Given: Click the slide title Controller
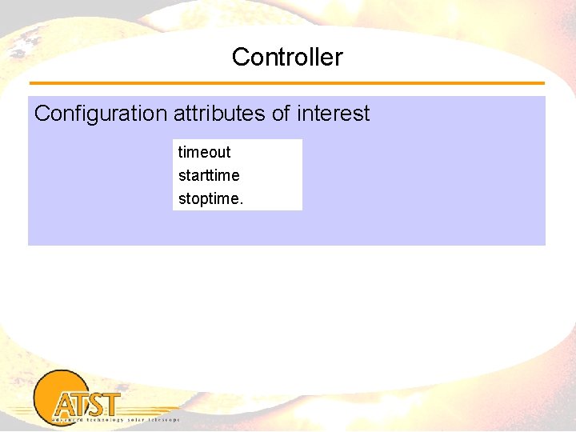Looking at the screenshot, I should click(x=287, y=57).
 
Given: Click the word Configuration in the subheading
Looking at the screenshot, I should click(x=101, y=114).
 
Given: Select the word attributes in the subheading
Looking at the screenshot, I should click(x=219, y=114).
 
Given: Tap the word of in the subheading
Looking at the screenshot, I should click(x=281, y=114).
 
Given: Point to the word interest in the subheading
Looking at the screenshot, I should click(x=333, y=114).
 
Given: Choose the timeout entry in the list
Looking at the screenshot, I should click(x=204, y=152).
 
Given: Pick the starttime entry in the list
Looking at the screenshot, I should click(x=209, y=175).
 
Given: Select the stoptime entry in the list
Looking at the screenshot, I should click(x=208, y=198).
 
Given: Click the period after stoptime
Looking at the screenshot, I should click(x=241, y=202).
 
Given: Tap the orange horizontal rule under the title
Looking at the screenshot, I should click(x=287, y=83).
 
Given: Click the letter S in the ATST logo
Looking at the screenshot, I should click(x=99, y=404).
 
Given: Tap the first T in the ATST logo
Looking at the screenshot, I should click(x=82, y=403).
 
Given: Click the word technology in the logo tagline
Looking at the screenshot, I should click(x=100, y=418).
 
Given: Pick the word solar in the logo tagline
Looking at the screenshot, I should click(x=134, y=418).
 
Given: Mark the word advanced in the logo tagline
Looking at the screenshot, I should click(x=62, y=418).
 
